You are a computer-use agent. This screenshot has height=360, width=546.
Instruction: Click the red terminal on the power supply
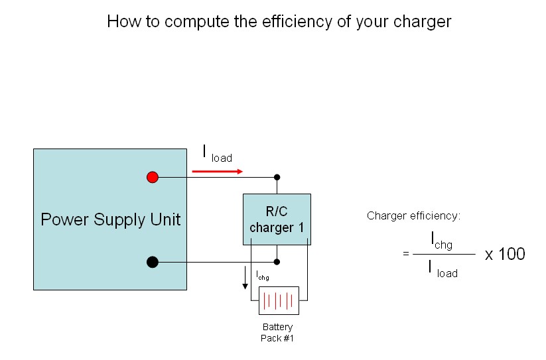pyautogui.click(x=153, y=177)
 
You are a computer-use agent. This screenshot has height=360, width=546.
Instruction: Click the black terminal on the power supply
pyautogui.click(x=152, y=262)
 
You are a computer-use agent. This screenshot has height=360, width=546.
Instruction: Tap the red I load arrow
pyautogui.click(x=217, y=171)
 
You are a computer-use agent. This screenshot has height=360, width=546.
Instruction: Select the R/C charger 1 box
pyautogui.click(x=277, y=219)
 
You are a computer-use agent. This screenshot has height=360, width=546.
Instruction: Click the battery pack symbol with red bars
pyautogui.click(x=279, y=301)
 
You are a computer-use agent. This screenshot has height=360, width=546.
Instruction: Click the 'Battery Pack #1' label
pyautogui.click(x=277, y=333)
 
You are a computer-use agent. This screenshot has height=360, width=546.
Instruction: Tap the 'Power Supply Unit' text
pyautogui.click(x=110, y=219)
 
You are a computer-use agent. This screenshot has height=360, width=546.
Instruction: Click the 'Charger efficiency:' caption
pyautogui.click(x=413, y=215)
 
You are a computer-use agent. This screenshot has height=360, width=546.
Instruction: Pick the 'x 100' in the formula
pyautogui.click(x=505, y=253)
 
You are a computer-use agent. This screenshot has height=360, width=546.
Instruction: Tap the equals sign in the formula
pyautogui.click(x=405, y=254)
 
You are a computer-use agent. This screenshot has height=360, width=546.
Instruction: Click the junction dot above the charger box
pyautogui.click(x=277, y=177)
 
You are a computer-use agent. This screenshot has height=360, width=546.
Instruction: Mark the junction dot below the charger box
pyautogui.click(x=277, y=262)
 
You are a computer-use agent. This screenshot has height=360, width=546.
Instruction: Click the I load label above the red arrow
pyautogui.click(x=217, y=154)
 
